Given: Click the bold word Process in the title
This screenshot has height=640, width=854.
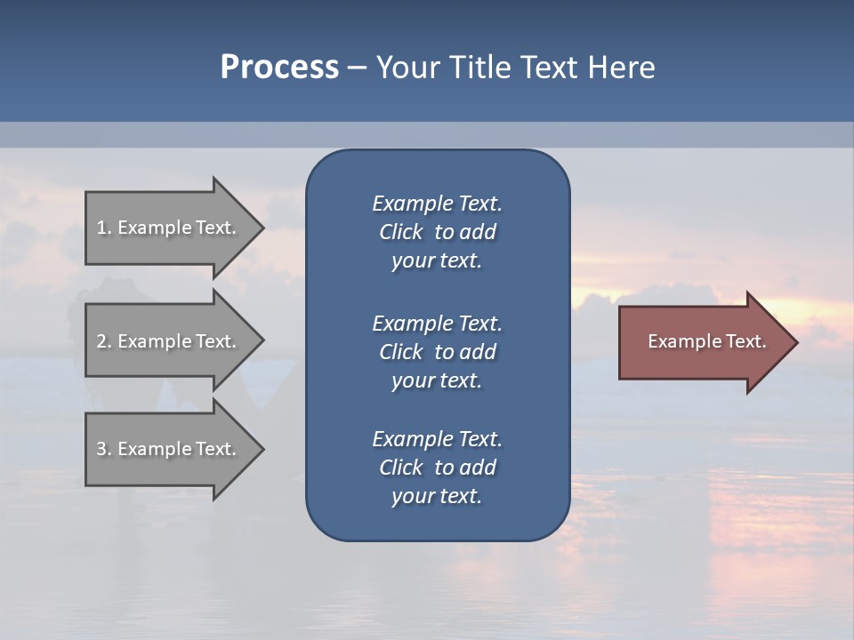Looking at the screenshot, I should pos(279,68).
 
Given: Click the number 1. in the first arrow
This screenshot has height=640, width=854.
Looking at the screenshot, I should pos(104,228).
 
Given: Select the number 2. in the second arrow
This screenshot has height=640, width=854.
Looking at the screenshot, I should pos(104,341).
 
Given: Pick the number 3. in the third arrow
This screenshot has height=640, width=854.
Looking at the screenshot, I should pos(104,449).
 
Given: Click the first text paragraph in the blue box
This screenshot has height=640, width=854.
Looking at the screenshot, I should pos(437,232).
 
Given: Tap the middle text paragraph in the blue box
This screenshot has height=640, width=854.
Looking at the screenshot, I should pos(437,352).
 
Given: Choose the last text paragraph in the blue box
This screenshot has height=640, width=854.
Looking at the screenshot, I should pos(437,468).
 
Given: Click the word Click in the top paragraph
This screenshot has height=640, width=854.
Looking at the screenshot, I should pos(400,232).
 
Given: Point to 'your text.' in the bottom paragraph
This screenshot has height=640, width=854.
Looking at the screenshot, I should pos(437,497).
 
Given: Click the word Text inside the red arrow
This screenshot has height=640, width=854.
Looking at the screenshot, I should pos(745,341).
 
